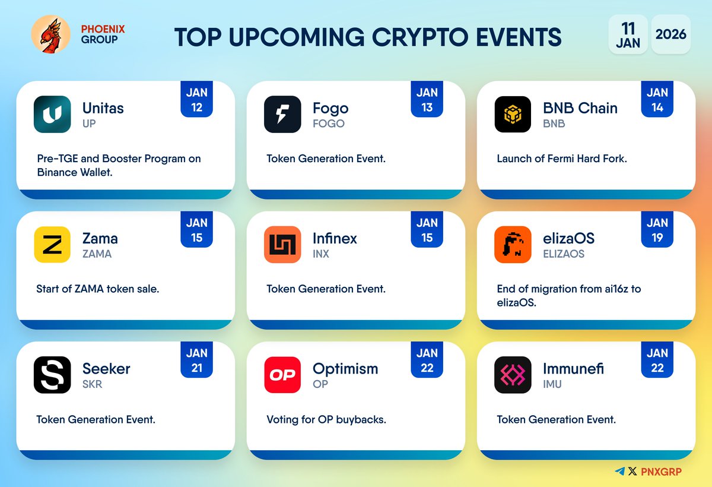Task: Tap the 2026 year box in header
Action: (x=670, y=34)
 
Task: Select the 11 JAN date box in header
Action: (x=628, y=34)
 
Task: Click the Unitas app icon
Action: (x=52, y=114)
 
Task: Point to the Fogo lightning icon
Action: (x=282, y=114)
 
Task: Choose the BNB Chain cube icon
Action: (x=513, y=114)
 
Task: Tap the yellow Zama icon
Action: (x=52, y=244)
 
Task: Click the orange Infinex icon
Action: (x=282, y=244)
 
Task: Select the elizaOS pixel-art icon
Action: (x=513, y=244)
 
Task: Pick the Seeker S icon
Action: (x=52, y=375)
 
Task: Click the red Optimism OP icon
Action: (x=282, y=375)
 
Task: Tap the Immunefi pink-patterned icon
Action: (x=513, y=375)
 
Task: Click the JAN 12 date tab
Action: (x=196, y=100)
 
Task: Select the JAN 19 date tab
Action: (x=657, y=230)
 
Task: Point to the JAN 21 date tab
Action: (x=196, y=360)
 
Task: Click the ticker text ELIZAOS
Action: (x=564, y=254)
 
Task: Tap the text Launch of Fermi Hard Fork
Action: (x=561, y=159)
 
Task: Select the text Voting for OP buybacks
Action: (x=326, y=419)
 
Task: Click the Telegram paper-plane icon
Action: (x=620, y=471)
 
